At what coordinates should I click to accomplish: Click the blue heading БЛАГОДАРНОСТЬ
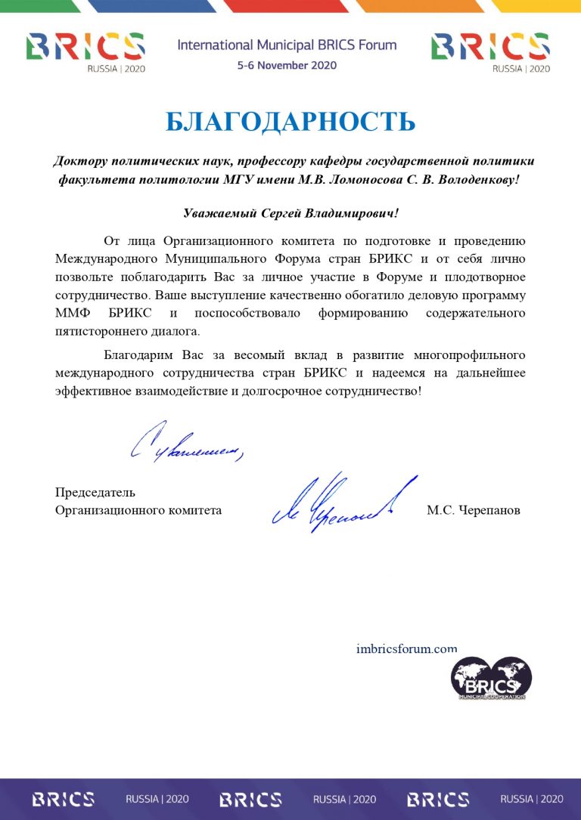tap(290, 121)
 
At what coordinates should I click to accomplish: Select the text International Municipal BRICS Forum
tap(287, 45)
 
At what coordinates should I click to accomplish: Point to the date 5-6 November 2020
tap(287, 65)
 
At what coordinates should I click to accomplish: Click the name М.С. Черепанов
tap(473, 510)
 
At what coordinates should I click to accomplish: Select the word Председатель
tap(95, 493)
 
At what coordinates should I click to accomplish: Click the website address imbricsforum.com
tap(406, 648)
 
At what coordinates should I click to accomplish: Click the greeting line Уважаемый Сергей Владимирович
tap(290, 214)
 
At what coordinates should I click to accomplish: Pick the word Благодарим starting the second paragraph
tap(140, 354)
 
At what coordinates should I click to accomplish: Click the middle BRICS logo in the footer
tap(250, 799)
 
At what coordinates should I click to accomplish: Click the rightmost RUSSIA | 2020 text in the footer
tap(531, 799)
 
